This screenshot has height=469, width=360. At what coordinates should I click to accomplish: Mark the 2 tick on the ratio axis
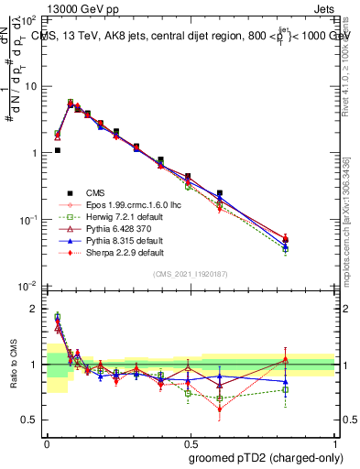[34, 309]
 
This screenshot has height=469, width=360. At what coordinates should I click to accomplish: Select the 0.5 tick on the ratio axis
[30, 420]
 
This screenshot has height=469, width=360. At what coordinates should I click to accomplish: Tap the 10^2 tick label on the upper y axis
[28, 18]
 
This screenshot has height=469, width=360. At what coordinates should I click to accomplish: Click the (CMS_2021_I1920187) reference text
[191, 275]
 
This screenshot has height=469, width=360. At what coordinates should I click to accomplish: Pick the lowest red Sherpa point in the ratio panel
[219, 409]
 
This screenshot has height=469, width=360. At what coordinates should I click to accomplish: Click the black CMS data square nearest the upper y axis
[57, 150]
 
